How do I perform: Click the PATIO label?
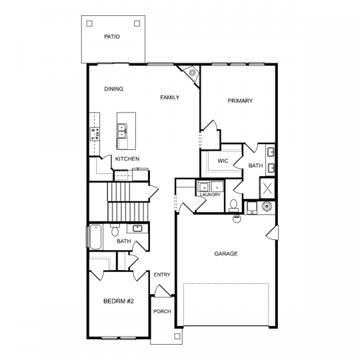click(112, 37)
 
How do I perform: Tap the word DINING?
click(113, 89)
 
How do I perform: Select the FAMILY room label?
click(170, 97)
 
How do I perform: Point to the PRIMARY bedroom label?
click(240, 101)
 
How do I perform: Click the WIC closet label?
click(223, 161)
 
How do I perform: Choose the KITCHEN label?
click(127, 159)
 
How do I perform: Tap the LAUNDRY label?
click(210, 195)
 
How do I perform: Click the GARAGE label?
click(226, 254)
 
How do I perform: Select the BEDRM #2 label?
click(119, 301)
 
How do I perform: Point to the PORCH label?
click(162, 311)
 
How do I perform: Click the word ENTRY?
click(162, 275)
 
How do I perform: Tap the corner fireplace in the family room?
click(190, 73)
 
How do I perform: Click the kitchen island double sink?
click(122, 131)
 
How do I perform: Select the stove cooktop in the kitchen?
click(95, 134)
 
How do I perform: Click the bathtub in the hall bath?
click(95, 237)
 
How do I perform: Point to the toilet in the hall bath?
click(115, 230)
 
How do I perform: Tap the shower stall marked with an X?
click(267, 188)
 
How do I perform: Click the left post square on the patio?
click(89, 23)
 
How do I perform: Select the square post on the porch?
click(177, 337)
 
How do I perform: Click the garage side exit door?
click(273, 233)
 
